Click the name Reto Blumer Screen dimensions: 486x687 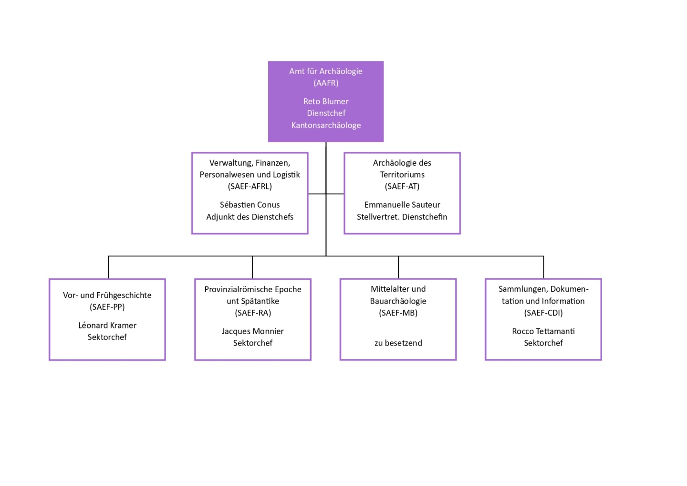pyautogui.click(x=326, y=101)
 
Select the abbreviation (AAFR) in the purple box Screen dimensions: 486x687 pyautogui.click(x=326, y=83)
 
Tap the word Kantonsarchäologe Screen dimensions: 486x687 pyautogui.click(x=326, y=125)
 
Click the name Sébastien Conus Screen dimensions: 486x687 pyautogui.click(x=250, y=205)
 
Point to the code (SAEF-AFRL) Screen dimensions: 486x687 pyautogui.click(x=250, y=186)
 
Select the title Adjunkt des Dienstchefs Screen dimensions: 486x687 pyautogui.click(x=250, y=217)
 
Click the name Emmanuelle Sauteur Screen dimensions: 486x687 pyautogui.click(x=402, y=205)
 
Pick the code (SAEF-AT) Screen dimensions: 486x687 pyautogui.click(x=402, y=186)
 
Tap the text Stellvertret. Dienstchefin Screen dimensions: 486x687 pyautogui.click(x=402, y=217)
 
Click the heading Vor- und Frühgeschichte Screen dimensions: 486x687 pyautogui.click(x=107, y=295)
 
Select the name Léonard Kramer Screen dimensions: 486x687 pyautogui.click(x=107, y=325)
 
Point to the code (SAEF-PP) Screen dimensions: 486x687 pyautogui.click(x=107, y=307)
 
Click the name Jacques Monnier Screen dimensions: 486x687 pyautogui.click(x=252, y=331)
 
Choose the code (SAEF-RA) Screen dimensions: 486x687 pyautogui.click(x=252, y=313)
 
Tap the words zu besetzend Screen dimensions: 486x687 pyautogui.click(x=398, y=343)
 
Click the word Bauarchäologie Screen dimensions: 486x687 pyautogui.click(x=398, y=301)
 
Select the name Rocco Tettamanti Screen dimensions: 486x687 pyautogui.click(x=543, y=331)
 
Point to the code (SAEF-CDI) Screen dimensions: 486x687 pyautogui.click(x=543, y=313)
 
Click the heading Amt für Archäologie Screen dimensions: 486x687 pyautogui.click(x=326, y=71)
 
